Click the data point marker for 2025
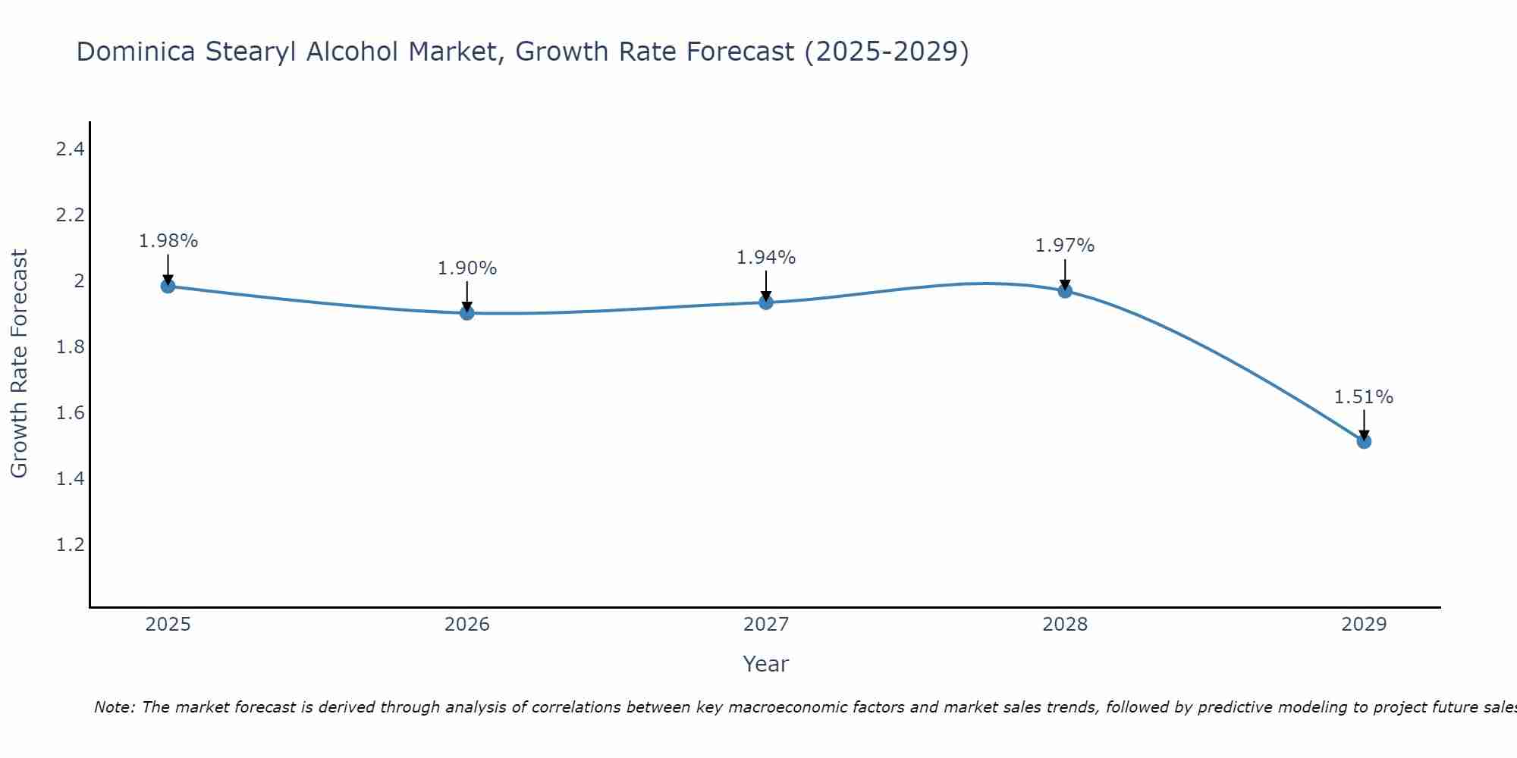(168, 286)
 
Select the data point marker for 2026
(467, 312)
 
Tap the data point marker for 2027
(766, 302)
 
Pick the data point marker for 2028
(1065, 290)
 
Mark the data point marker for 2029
(1364, 441)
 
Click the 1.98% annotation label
(168, 241)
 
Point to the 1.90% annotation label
(467, 268)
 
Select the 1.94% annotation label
(766, 258)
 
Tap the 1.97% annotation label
(1065, 246)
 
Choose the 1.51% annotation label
(1364, 397)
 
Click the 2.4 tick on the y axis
(70, 149)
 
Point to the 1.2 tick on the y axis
(70, 545)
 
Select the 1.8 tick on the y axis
(70, 347)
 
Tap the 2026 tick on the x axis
(467, 625)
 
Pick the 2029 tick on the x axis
(1364, 625)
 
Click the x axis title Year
(766, 664)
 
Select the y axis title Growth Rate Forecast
(19, 364)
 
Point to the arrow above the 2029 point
(1364, 424)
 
